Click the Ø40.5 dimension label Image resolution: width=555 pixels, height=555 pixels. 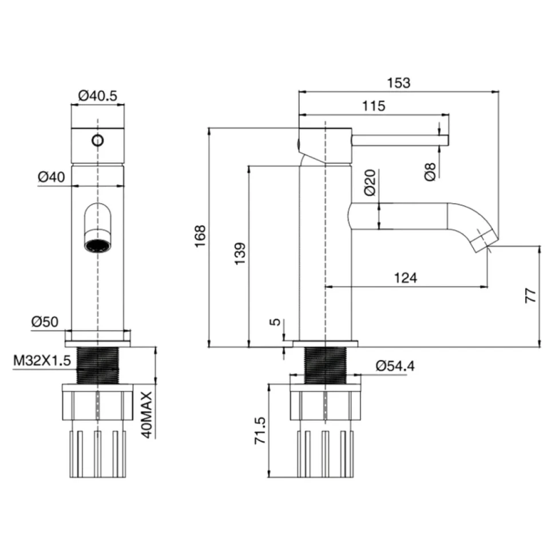tap(97, 96)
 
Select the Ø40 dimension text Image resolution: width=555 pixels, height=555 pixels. tap(51, 177)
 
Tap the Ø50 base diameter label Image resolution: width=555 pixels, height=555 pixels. tap(45, 322)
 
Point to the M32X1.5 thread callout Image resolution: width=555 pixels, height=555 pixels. tap(42, 360)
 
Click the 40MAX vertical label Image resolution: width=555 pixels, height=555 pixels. tap(147, 414)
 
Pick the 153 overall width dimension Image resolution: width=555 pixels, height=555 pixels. tap(399, 83)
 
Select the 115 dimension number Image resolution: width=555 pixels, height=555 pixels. tap(374, 106)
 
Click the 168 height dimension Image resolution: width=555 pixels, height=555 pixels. tap(200, 236)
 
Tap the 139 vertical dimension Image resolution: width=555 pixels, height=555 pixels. tap(240, 253)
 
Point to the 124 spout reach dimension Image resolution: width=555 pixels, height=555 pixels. tap(406, 278)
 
